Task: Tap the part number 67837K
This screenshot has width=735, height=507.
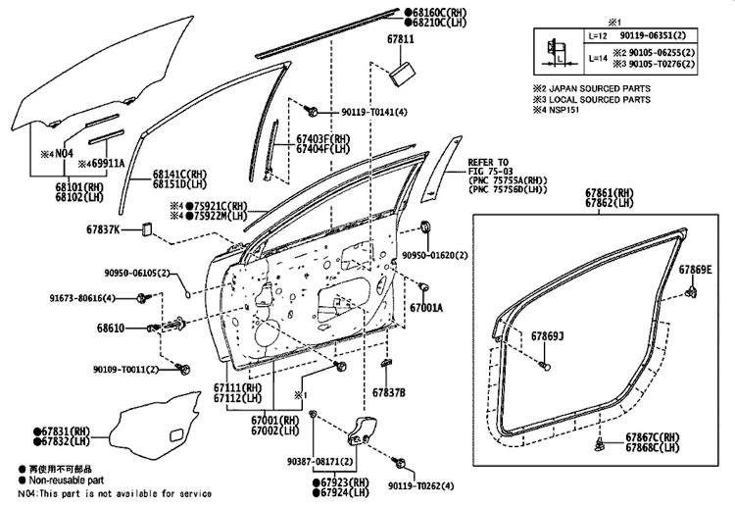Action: coord(101,229)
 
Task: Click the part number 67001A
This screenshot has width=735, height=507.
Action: coord(427,307)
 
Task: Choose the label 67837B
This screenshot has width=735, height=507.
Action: coord(388,392)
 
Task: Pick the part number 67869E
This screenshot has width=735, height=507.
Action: coord(697,269)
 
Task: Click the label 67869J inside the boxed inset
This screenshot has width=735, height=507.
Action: coord(548,336)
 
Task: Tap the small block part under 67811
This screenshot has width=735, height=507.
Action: coord(400,73)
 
